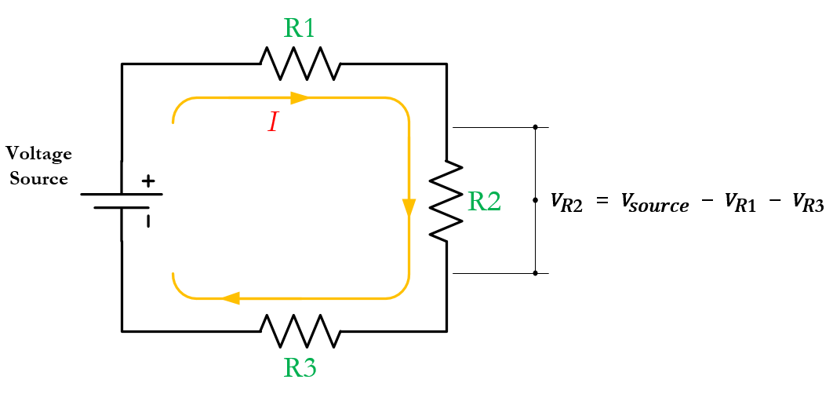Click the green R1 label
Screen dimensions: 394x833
click(x=299, y=28)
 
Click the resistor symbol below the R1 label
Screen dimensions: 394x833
click(x=300, y=64)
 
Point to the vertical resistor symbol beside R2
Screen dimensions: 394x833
click(x=446, y=201)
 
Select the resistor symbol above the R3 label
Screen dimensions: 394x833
click(x=300, y=330)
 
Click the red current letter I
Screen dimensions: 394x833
click(x=272, y=122)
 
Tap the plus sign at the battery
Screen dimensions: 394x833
click(x=147, y=181)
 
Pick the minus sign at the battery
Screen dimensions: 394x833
click(x=147, y=221)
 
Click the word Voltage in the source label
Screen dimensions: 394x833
click(x=38, y=153)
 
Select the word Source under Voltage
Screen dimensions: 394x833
click(x=38, y=179)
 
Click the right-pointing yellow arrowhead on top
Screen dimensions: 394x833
click(x=300, y=98)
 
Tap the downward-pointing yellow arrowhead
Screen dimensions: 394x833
click(x=409, y=208)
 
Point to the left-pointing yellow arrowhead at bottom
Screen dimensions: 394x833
click(x=230, y=298)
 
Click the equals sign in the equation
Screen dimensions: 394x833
click(x=602, y=202)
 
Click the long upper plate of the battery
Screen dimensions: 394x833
click(x=122, y=194)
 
